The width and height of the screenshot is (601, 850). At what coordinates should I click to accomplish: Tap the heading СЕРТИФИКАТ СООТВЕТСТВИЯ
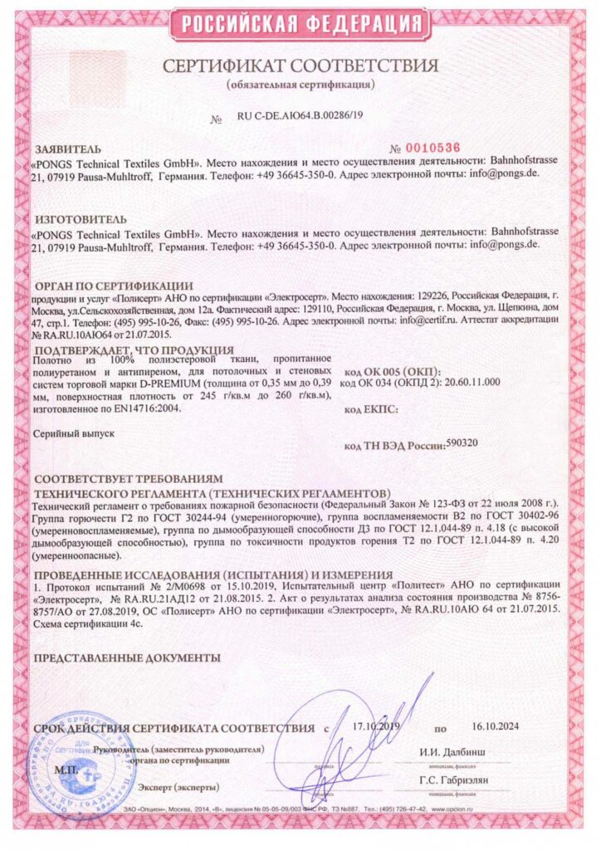pyautogui.click(x=300, y=65)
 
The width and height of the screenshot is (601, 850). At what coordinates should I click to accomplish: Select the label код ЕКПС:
pyautogui.click(x=371, y=409)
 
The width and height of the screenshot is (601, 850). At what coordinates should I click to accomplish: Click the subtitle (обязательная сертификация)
pyautogui.click(x=300, y=85)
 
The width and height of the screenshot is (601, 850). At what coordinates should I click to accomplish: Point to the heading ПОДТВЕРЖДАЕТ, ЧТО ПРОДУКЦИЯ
pyautogui.click(x=134, y=349)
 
